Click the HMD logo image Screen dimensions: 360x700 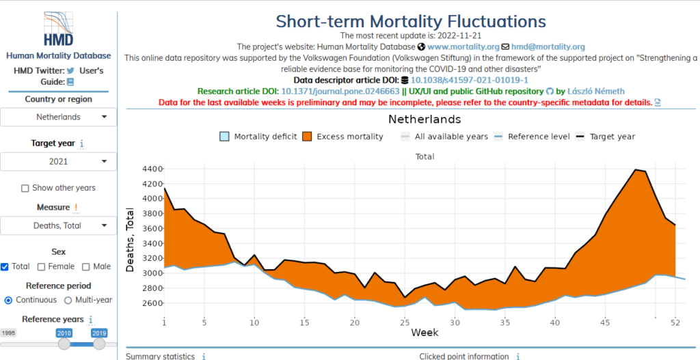tap(58, 29)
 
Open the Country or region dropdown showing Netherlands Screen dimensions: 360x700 tap(58, 117)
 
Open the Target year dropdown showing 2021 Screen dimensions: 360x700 tap(58, 161)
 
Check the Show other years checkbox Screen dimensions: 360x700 tap(25, 189)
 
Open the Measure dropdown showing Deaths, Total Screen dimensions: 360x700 tap(58, 225)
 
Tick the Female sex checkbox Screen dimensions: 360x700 tap(42, 267)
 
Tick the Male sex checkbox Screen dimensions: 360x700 tap(86, 267)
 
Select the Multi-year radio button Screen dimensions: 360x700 tap(68, 300)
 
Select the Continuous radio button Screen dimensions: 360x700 tap(8, 300)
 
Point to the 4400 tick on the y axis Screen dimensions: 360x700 tap(151, 169)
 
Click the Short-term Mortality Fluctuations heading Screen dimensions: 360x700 tap(411, 21)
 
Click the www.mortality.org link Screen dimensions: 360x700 tap(463, 47)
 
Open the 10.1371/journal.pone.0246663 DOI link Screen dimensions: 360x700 tap(340, 91)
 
